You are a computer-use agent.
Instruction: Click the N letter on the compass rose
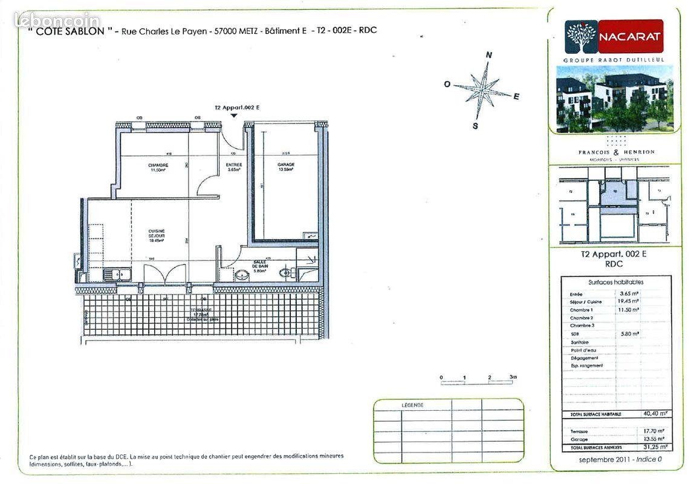[x=489, y=55]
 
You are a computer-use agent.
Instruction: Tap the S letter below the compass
[x=475, y=126]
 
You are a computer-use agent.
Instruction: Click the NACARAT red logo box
[x=631, y=36]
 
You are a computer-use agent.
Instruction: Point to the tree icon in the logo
[x=581, y=37]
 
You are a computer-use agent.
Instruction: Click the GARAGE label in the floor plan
[x=286, y=165]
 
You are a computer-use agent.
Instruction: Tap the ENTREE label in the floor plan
[x=234, y=165]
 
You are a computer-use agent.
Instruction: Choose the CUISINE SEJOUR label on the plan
[x=157, y=234]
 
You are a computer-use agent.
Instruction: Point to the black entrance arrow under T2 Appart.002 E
[x=234, y=115]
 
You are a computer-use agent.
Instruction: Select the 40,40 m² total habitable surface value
[x=655, y=414]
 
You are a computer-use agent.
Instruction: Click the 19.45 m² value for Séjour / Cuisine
[x=629, y=301]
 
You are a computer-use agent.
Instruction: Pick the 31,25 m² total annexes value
[x=655, y=447]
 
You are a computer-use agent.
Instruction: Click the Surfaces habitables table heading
[x=615, y=282]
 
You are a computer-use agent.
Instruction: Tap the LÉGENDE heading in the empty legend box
[x=412, y=405]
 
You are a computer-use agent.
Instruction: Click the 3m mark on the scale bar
[x=513, y=377]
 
